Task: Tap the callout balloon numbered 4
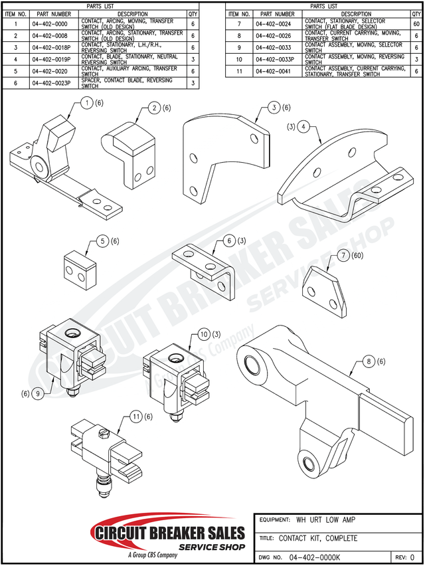click(x=303, y=126)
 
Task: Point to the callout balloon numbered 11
click(x=136, y=417)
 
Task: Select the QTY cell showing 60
click(x=416, y=25)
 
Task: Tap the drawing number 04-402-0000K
click(x=315, y=557)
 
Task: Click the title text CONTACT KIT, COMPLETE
click(x=318, y=538)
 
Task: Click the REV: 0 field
click(x=404, y=557)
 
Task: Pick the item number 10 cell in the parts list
click(x=238, y=59)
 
